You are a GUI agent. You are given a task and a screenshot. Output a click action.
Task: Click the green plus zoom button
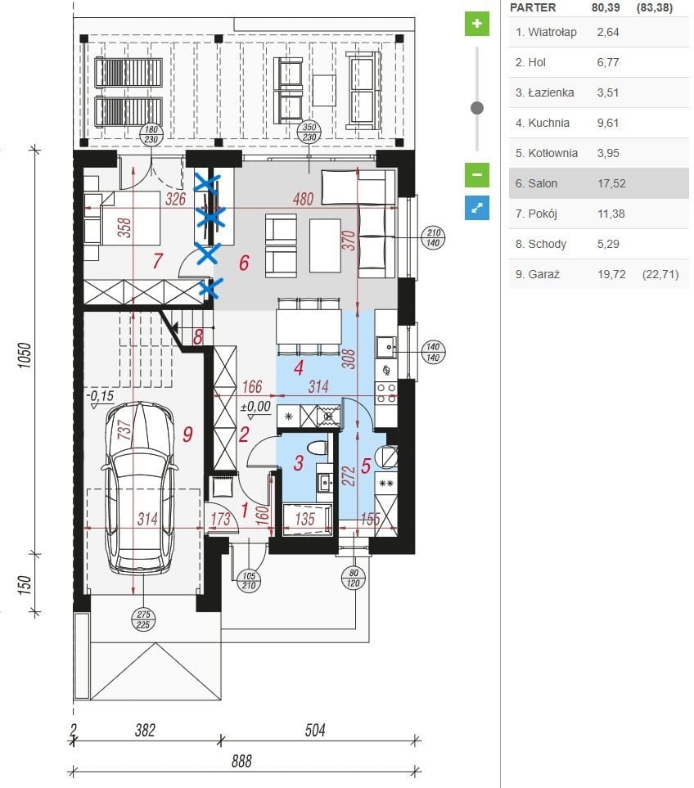[x=476, y=24]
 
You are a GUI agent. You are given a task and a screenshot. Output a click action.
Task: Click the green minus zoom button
[x=476, y=175]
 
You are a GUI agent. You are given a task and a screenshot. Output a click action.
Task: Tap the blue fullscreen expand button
[x=476, y=208]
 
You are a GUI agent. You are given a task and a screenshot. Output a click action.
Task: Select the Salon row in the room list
[x=598, y=183]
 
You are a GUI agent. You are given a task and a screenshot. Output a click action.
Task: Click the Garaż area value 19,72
[x=611, y=274]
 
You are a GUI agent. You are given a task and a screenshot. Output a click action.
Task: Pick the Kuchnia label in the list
[x=543, y=123]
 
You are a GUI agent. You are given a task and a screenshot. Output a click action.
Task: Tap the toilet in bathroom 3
[x=318, y=448]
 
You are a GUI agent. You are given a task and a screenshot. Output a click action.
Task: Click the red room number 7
[x=157, y=261]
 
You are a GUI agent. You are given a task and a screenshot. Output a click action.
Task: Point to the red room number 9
[x=187, y=434]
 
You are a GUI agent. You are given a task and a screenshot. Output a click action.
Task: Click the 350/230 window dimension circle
[x=309, y=133]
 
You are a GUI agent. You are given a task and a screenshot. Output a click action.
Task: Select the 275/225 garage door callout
[x=143, y=619]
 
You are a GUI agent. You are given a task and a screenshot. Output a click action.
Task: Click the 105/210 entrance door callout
[x=249, y=580]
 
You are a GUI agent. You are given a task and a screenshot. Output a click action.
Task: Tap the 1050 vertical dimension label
[x=25, y=355]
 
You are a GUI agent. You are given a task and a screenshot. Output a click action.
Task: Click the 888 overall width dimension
[x=241, y=761]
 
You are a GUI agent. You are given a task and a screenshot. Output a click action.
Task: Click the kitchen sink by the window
[x=386, y=347]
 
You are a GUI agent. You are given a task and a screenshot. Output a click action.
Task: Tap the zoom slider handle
[x=477, y=107]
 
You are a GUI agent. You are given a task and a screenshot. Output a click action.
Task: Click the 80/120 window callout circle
[x=354, y=578]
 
